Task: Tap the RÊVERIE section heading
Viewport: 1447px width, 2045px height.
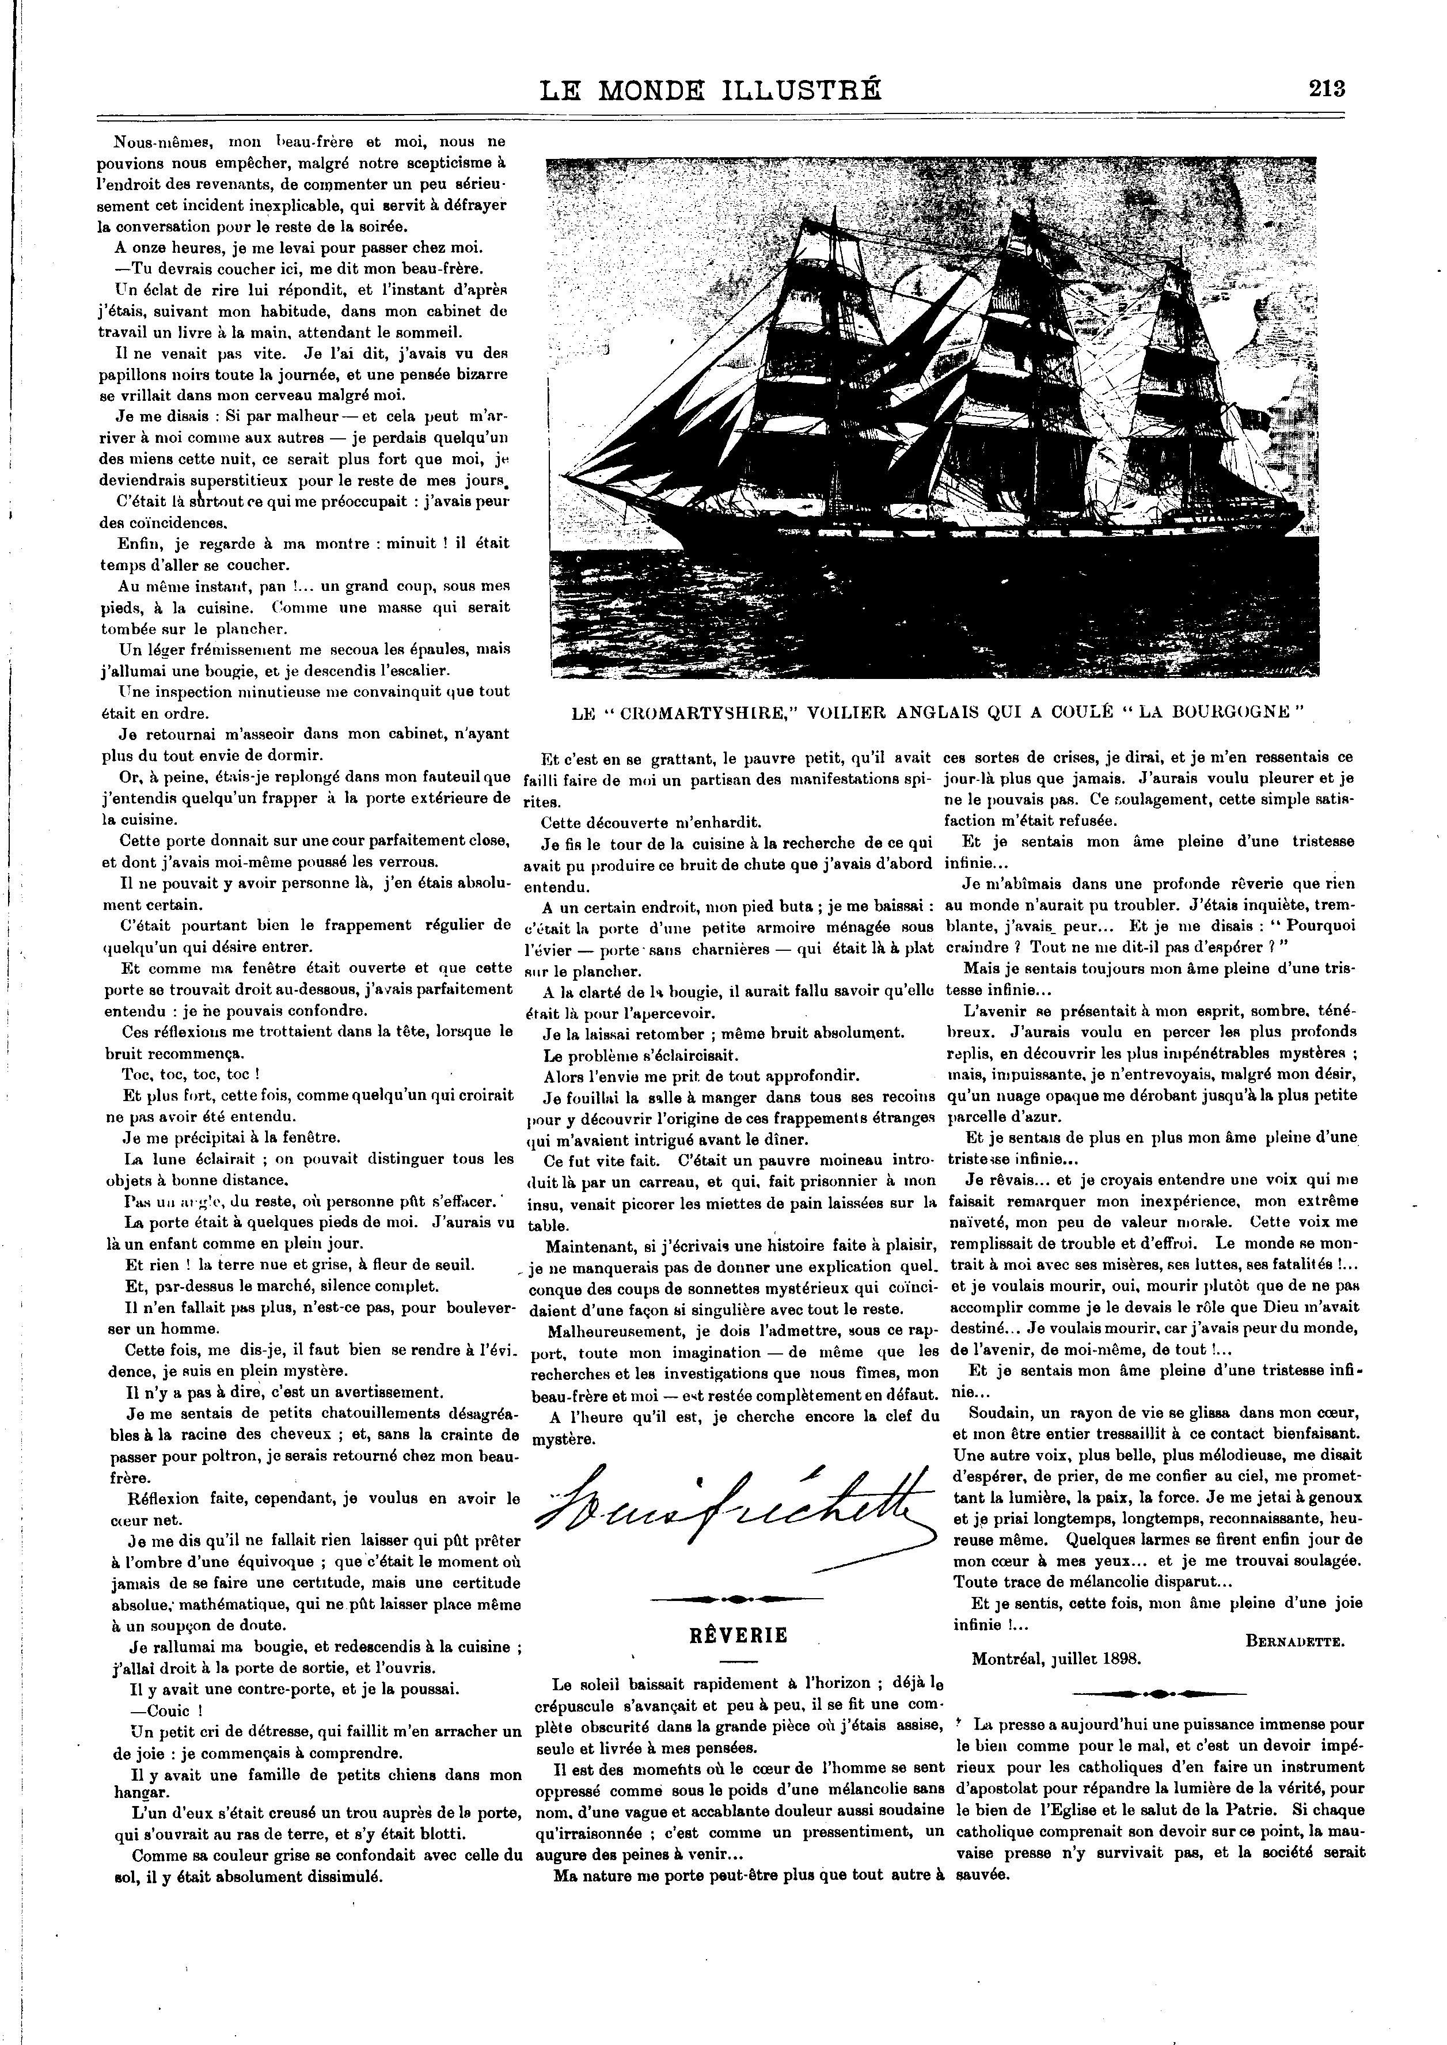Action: [739, 1635]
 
